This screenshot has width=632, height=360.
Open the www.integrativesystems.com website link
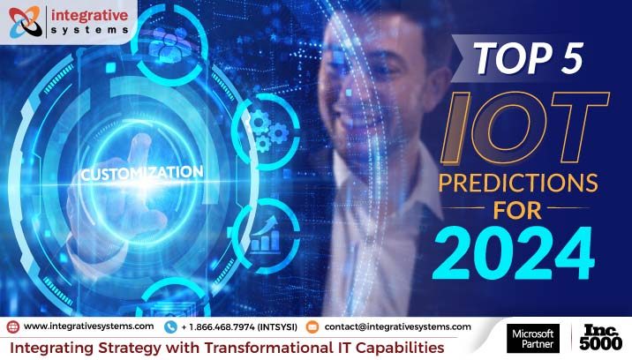87,326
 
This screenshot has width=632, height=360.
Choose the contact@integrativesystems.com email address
396,326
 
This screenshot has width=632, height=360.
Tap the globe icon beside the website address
12,326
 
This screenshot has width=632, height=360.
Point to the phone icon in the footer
170,326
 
